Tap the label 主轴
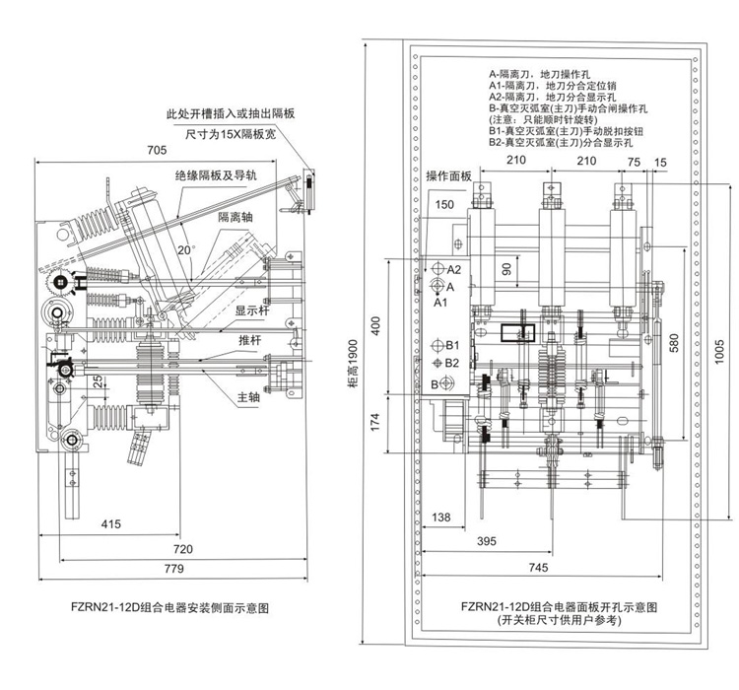pyautogui.click(x=248, y=399)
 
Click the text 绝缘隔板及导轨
pyautogui.click(x=217, y=174)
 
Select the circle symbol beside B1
pyautogui.click(x=438, y=346)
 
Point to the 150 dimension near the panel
pyautogui.click(x=443, y=204)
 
